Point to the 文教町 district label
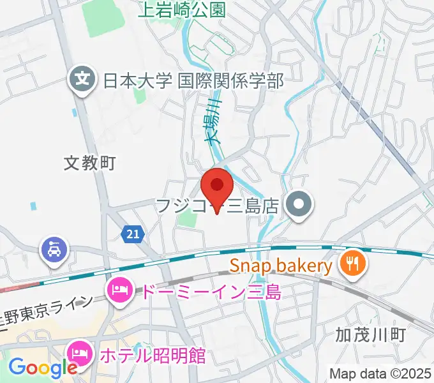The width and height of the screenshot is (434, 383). coord(90,163)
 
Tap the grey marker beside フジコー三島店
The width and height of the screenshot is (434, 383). coord(298,206)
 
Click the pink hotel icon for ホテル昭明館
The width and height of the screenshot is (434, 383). coord(79,352)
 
